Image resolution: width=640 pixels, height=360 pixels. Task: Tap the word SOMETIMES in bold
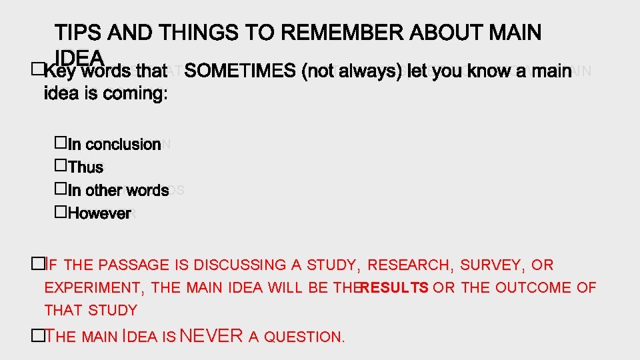pyautogui.click(x=241, y=71)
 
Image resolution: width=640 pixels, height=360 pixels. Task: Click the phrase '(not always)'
pyautogui.click(x=352, y=71)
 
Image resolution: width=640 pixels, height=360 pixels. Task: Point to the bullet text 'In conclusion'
pyautogui.click(x=114, y=144)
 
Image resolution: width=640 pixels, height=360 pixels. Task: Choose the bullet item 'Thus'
pyautogui.click(x=86, y=167)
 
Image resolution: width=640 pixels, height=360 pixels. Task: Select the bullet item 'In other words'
pyautogui.click(x=118, y=190)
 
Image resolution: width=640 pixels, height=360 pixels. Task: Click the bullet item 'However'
pyautogui.click(x=99, y=213)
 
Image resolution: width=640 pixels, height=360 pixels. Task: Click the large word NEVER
pyautogui.click(x=212, y=335)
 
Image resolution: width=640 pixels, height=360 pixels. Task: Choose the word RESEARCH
pyautogui.click(x=409, y=265)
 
